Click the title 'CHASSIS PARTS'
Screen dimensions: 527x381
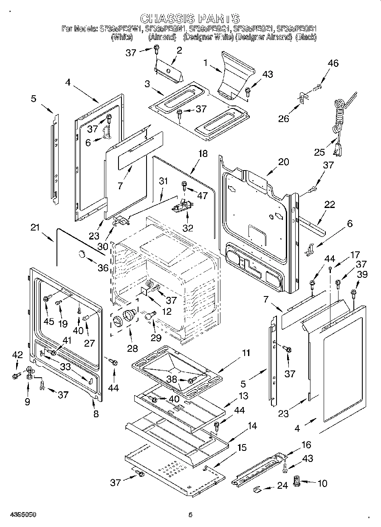[190, 18]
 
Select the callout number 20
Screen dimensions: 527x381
[283, 162]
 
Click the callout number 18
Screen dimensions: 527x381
[203, 154]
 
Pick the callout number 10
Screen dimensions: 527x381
[323, 483]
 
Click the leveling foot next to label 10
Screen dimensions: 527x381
[297, 483]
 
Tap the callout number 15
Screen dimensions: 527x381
[241, 447]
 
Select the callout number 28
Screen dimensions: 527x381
[133, 348]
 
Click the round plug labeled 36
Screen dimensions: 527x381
[81, 254]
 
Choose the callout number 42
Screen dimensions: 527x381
[17, 355]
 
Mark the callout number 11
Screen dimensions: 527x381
[246, 353]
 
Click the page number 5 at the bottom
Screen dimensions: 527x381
[190, 515]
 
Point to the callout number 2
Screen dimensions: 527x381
[179, 50]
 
